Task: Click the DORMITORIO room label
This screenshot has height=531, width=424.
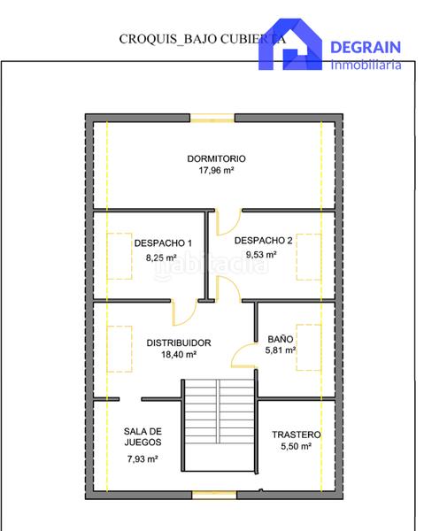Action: click(x=216, y=159)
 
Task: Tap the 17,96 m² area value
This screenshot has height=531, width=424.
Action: click(x=216, y=172)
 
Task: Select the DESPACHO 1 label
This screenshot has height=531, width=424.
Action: click(x=163, y=243)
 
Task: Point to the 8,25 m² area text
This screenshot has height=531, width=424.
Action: click(x=162, y=258)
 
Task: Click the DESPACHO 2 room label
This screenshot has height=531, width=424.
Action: click(x=264, y=240)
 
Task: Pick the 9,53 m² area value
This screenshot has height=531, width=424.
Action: click(x=263, y=254)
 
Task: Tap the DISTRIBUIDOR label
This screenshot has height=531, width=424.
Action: click(x=179, y=342)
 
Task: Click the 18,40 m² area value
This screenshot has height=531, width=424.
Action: click(x=179, y=354)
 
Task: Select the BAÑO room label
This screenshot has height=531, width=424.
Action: click(x=281, y=339)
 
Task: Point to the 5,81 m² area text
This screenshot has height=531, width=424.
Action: click(x=281, y=350)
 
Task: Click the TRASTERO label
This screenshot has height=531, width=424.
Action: click(x=296, y=435)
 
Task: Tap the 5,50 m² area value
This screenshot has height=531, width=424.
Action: click(x=296, y=447)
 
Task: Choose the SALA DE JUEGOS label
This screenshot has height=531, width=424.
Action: click(x=142, y=437)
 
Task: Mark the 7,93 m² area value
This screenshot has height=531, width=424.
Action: click(x=142, y=459)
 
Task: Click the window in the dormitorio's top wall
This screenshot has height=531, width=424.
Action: click(x=213, y=116)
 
